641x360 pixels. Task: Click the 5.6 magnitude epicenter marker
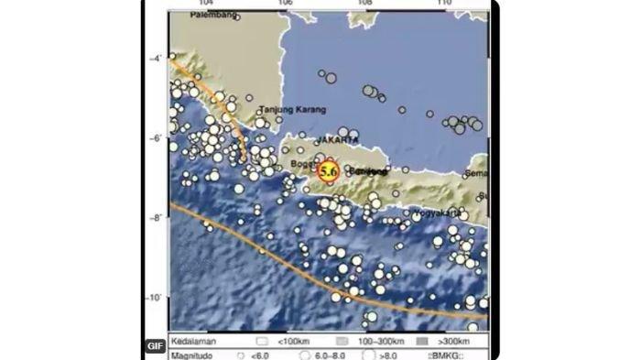328,170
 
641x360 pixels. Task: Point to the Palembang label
218,16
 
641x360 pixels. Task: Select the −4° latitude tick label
157,58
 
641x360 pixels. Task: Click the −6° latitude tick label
157,138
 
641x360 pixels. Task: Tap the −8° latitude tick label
157,218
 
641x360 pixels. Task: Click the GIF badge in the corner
155,346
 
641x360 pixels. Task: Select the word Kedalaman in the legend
194,337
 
